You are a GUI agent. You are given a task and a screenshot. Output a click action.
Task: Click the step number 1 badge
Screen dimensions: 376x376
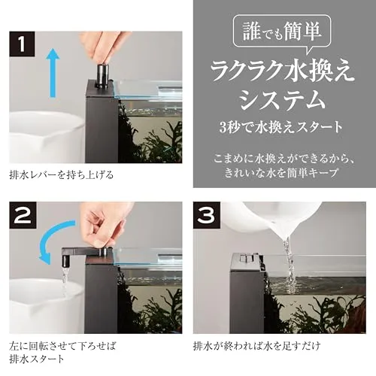[x=22, y=44]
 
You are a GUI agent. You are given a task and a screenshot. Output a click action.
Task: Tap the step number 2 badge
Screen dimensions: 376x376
[x=22, y=215]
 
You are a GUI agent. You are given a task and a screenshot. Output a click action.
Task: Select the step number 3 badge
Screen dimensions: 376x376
[x=207, y=215]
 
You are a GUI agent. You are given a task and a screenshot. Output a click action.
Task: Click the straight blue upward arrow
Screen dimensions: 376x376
[x=53, y=72]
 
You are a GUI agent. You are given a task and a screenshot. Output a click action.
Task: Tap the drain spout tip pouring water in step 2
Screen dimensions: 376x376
[x=66, y=261]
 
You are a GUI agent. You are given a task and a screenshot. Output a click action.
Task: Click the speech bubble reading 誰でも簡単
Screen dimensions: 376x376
[x=282, y=32]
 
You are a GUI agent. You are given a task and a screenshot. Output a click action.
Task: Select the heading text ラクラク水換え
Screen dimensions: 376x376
[x=283, y=71]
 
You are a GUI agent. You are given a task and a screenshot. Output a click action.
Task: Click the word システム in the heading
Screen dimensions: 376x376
[x=283, y=99]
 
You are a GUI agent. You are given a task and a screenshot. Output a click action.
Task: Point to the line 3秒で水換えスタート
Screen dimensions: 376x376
[x=280, y=127]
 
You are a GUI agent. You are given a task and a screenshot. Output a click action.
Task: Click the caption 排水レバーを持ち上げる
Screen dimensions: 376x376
[x=62, y=174]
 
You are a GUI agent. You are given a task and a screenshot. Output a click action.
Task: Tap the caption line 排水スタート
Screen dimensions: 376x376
[x=37, y=359]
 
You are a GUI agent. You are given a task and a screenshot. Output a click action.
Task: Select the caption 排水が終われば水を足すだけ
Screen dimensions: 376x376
[x=257, y=346]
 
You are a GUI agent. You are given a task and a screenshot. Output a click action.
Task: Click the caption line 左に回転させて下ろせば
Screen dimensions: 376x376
[x=62, y=346]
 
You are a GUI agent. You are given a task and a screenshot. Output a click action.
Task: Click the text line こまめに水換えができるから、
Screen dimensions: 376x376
[x=284, y=159]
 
